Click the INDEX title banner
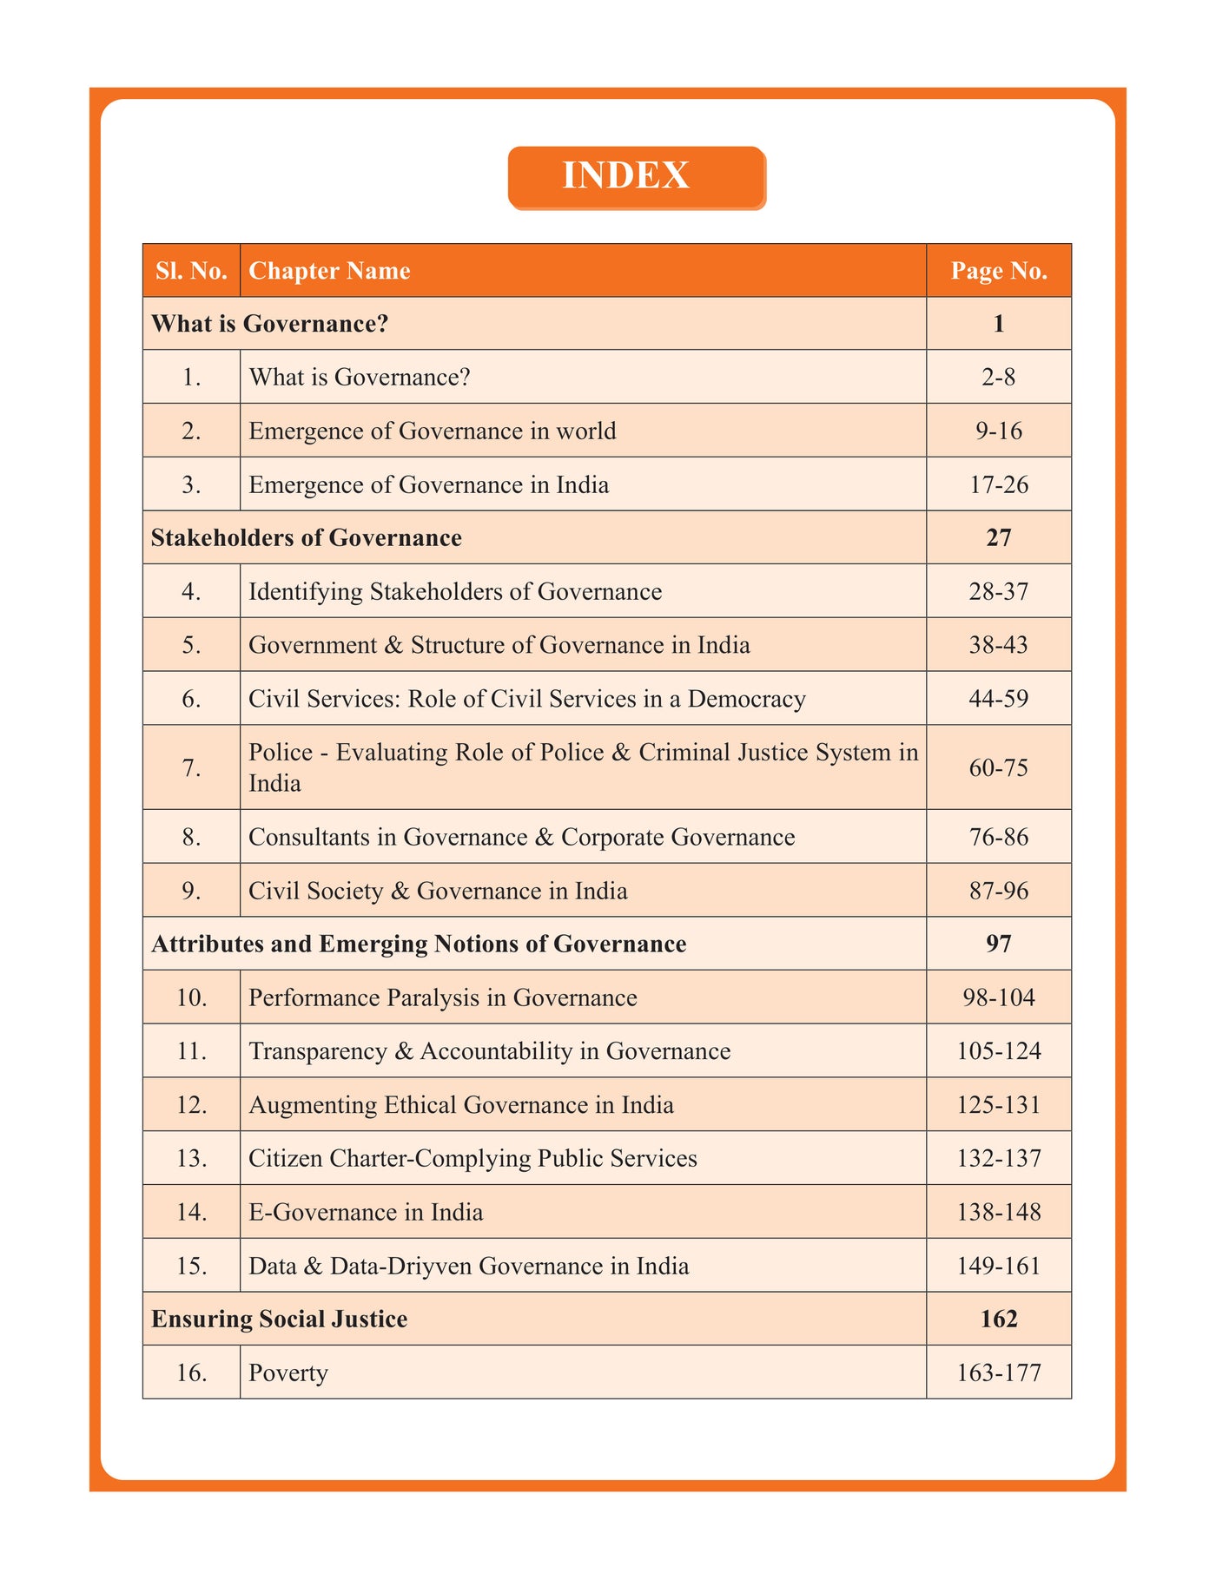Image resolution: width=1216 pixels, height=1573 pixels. tap(637, 177)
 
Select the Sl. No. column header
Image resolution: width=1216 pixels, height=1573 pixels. tap(191, 271)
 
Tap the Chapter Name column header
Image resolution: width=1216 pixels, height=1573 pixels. tap(329, 271)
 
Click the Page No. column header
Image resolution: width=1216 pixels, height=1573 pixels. tap(999, 271)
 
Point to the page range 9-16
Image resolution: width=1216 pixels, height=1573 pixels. tap(999, 431)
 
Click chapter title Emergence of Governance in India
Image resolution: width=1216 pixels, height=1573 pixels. tap(428, 484)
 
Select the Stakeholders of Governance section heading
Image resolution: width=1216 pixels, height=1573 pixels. tap(306, 538)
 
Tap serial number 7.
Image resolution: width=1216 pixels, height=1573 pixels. tap(191, 767)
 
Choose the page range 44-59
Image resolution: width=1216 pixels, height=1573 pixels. tap(999, 699)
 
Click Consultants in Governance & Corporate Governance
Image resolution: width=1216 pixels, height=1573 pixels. tap(521, 837)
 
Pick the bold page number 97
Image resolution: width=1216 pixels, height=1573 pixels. tap(999, 944)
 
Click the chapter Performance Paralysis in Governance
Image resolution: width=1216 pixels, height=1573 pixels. tap(442, 997)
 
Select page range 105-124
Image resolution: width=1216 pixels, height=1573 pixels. tap(999, 1051)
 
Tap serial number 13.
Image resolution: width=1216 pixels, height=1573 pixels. tap(191, 1159)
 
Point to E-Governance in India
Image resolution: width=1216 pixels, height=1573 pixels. tap(366, 1212)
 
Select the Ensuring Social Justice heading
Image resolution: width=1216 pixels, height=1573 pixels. tap(279, 1320)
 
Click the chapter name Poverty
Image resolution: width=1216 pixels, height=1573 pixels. tap(288, 1373)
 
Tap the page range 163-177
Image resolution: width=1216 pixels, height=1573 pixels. tap(999, 1373)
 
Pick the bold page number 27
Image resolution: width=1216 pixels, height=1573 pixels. tap(999, 538)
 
